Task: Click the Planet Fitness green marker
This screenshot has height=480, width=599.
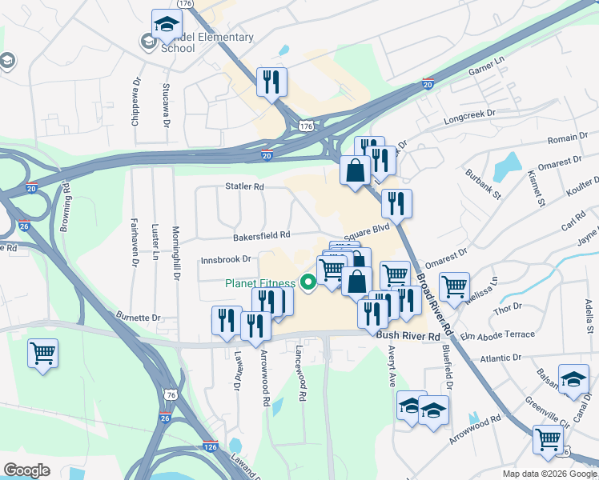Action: pyautogui.click(x=307, y=282)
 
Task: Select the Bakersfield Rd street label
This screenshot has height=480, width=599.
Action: pyautogui.click(x=261, y=236)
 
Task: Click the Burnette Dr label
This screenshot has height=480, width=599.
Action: pyautogui.click(x=138, y=318)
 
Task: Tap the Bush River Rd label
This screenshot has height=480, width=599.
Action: pyautogui.click(x=409, y=338)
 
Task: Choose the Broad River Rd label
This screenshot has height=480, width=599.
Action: pyautogui.click(x=434, y=305)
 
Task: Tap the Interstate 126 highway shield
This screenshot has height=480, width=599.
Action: pyautogui.click(x=211, y=446)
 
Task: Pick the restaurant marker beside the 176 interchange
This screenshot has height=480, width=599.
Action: pyautogui.click(x=271, y=81)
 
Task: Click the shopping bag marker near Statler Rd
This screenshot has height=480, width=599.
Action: pyautogui.click(x=354, y=170)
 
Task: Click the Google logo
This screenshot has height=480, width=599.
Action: pyautogui.click(x=27, y=470)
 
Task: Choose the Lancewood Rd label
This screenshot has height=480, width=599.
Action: pyautogui.click(x=301, y=374)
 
